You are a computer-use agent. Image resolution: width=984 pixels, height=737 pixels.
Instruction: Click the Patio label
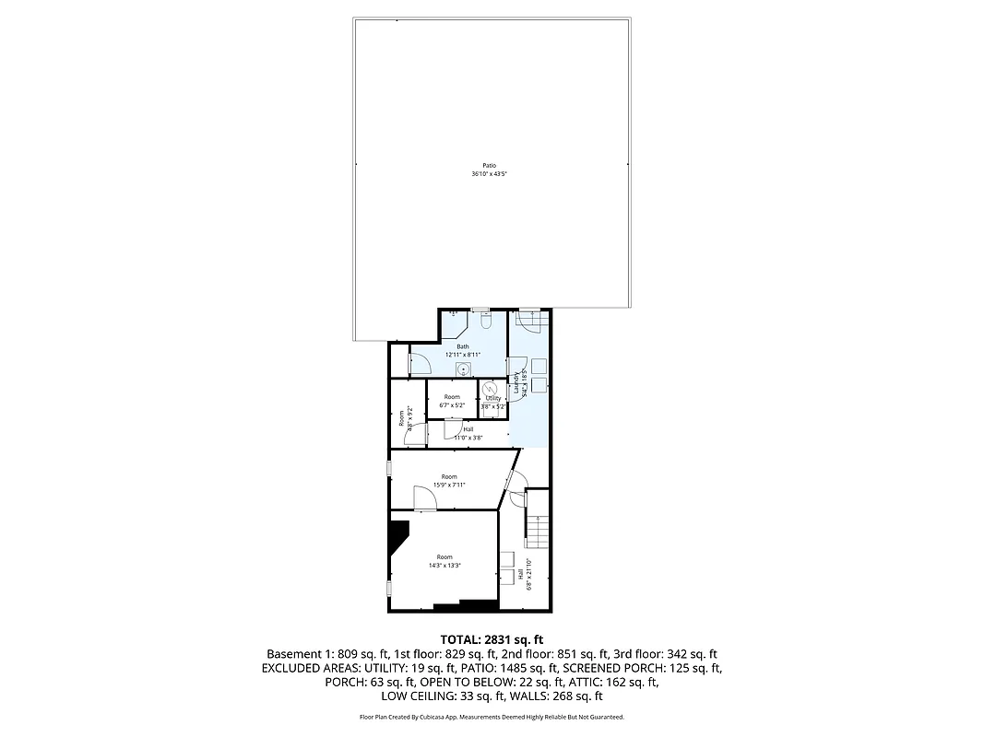pyautogui.click(x=490, y=166)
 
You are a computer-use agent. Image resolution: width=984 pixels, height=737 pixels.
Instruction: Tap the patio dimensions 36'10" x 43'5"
pyautogui.click(x=490, y=174)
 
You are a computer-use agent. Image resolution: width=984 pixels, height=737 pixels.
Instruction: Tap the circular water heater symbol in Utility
pyautogui.click(x=492, y=388)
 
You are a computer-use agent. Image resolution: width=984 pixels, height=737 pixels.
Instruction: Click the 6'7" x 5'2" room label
pyautogui.click(x=451, y=401)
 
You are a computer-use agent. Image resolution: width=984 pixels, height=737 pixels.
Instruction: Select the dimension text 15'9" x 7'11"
pyautogui.click(x=450, y=485)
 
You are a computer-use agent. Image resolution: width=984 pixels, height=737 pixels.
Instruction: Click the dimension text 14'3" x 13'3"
pyautogui.click(x=445, y=566)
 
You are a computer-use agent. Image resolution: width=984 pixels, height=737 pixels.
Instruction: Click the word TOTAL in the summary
pyautogui.click(x=458, y=638)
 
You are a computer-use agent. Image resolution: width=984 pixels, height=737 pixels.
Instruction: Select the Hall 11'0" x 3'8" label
pyautogui.click(x=468, y=433)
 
